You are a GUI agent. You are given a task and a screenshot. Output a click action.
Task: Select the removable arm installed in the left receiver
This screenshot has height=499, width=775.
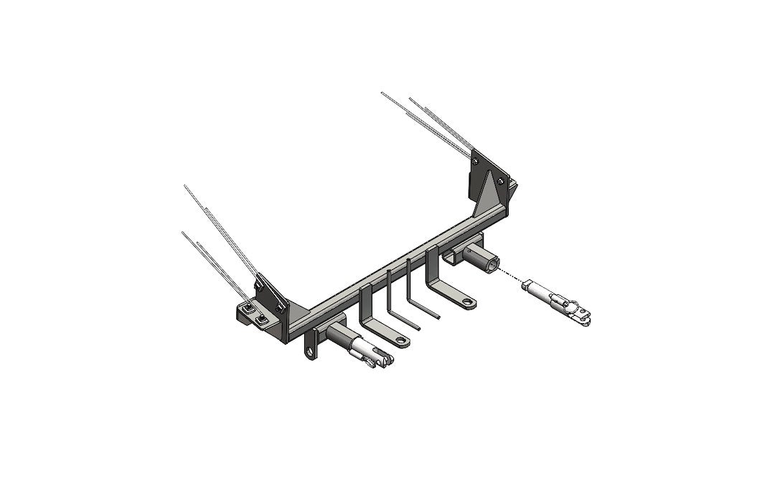click(x=366, y=351)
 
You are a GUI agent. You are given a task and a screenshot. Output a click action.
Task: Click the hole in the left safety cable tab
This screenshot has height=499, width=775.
click(x=311, y=352)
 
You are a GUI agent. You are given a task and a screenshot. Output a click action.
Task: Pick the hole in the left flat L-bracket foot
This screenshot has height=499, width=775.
click(x=401, y=342)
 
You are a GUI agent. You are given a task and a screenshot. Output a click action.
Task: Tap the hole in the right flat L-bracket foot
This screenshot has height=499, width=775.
click(x=468, y=302)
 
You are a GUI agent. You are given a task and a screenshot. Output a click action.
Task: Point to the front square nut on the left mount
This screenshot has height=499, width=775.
click(x=263, y=318)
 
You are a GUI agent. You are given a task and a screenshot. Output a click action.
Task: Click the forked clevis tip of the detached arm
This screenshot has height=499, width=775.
click(x=583, y=314)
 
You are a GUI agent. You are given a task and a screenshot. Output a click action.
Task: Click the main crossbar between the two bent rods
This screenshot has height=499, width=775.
click(x=399, y=270)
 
